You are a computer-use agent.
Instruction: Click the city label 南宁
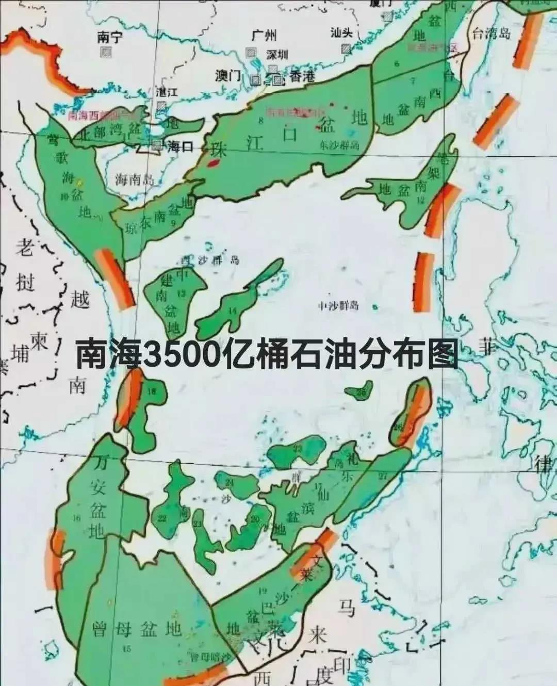click(x=109, y=38)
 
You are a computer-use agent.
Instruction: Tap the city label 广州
click(x=264, y=36)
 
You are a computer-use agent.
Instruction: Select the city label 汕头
click(x=341, y=32)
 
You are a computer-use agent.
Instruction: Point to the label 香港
click(x=302, y=77)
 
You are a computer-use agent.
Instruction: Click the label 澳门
click(x=228, y=76)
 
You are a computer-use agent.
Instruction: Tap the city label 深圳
click(x=277, y=55)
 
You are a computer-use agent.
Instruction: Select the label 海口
click(x=180, y=146)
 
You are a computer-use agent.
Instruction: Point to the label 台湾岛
click(x=492, y=34)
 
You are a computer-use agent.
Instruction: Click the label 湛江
click(x=167, y=92)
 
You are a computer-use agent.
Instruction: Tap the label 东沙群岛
click(x=339, y=145)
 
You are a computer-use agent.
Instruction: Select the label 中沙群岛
click(x=338, y=305)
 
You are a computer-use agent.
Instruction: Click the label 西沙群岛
click(x=210, y=259)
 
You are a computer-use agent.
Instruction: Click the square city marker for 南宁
click(x=107, y=52)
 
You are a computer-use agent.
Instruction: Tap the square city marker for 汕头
click(x=346, y=48)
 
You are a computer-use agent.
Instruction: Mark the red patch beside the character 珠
click(x=212, y=164)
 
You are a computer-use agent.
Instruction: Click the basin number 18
click(x=151, y=391)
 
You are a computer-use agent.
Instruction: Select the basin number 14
click(x=233, y=311)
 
